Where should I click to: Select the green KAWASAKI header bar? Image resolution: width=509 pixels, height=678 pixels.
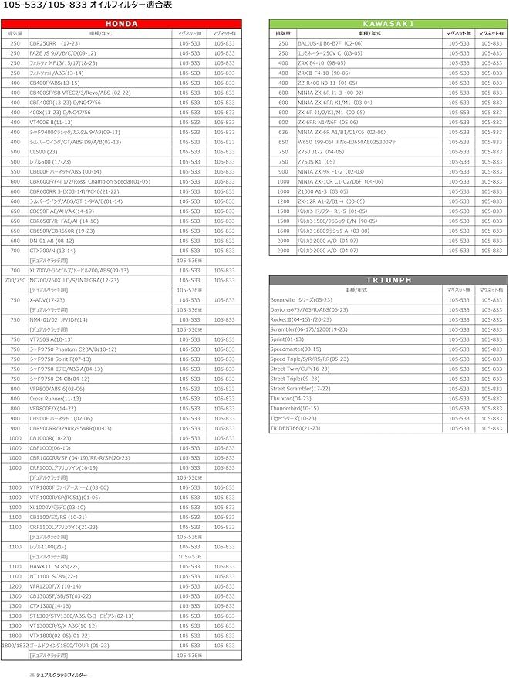click(x=388, y=23)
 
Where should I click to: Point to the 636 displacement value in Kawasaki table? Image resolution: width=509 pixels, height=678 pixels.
click(x=282, y=132)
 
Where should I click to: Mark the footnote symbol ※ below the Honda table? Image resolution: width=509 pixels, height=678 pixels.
click(x=32, y=675)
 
